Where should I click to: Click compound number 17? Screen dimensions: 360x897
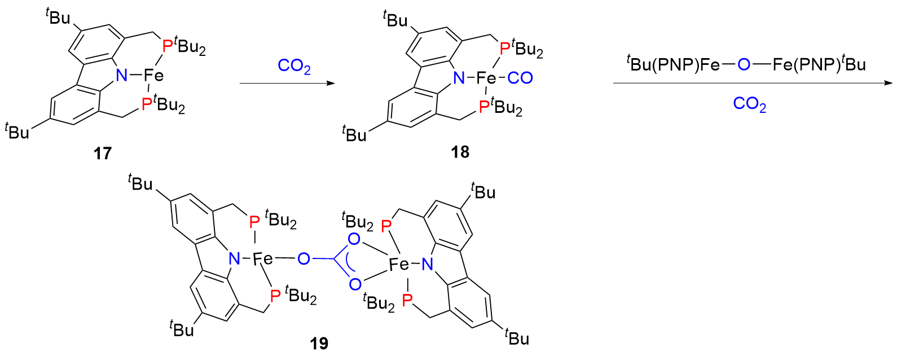(103, 153)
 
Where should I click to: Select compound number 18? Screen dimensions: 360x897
(460, 152)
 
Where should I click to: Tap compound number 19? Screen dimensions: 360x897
(319, 343)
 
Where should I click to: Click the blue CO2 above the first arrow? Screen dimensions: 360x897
(294, 66)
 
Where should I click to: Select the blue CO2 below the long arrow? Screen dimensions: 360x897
(749, 104)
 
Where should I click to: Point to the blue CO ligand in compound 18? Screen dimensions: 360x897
(520, 78)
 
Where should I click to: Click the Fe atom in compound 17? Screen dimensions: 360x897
(153, 75)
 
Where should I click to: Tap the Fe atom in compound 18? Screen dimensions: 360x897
(486, 78)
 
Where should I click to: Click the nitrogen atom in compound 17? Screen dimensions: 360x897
(121, 75)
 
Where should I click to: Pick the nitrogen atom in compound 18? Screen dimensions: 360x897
(459, 78)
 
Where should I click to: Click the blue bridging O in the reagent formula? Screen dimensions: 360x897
(744, 65)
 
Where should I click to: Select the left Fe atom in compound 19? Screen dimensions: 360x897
(262, 259)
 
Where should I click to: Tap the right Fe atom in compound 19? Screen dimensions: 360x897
(399, 264)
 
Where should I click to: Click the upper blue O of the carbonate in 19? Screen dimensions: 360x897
(354, 239)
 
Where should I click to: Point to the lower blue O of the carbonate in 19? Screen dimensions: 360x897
(355, 284)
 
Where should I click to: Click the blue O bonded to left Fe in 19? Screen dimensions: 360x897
(304, 259)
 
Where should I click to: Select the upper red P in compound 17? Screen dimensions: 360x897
(167, 45)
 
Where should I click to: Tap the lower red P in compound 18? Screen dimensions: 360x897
(483, 107)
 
